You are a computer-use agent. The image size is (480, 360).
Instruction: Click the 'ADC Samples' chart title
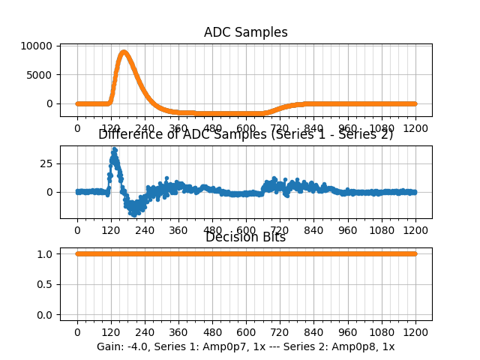(245, 32)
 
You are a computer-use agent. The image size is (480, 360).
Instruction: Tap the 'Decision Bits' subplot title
(245, 238)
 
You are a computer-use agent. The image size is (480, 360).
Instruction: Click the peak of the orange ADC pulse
(124, 52)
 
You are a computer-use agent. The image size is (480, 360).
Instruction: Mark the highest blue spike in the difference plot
(114, 148)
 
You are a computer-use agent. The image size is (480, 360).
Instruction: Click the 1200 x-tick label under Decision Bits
(415, 331)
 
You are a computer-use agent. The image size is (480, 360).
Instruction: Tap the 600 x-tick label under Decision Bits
(246, 331)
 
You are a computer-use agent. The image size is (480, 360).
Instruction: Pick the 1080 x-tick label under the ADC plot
(382, 128)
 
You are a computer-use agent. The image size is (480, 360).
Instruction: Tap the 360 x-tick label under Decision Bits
(178, 331)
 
